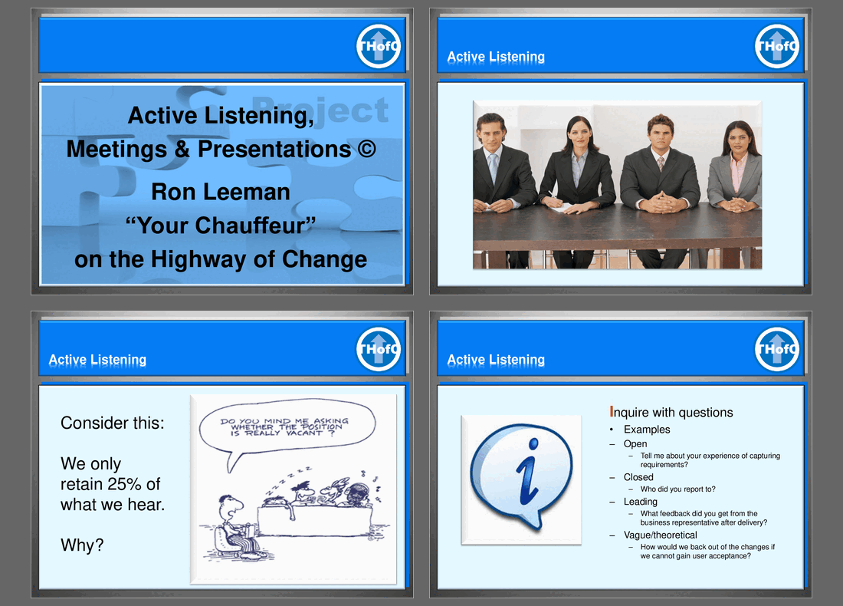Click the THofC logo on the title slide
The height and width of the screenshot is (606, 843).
coord(379,46)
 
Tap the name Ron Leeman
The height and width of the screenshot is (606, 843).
coord(221,192)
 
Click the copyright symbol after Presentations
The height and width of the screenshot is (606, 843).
coord(366,149)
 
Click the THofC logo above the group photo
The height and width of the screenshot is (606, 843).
coord(777,46)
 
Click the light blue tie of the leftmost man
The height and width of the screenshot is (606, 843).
coord(493,167)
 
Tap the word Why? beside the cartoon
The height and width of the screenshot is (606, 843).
coord(82,545)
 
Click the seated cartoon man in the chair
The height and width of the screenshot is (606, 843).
coord(235,528)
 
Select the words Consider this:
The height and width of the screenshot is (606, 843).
coord(113,423)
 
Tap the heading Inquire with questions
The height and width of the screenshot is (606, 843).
coord(671,412)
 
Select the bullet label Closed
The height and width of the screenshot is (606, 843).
coord(638,477)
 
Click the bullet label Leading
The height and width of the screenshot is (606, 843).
coord(641,502)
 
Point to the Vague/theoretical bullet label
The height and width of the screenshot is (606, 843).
coord(660,535)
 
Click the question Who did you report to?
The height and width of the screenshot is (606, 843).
coord(678,489)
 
